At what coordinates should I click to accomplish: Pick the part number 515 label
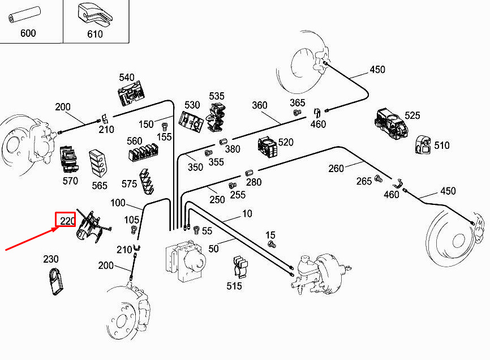click(234, 286)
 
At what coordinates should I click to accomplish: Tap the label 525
click(412, 115)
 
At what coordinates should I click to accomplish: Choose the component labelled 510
click(423, 144)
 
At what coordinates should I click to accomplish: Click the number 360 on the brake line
click(259, 106)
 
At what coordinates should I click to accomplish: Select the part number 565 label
click(99, 186)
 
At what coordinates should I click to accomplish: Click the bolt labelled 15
click(271, 245)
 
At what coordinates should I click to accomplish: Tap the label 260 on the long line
click(336, 168)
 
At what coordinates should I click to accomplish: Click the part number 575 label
click(129, 184)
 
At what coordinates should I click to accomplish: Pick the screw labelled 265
click(379, 179)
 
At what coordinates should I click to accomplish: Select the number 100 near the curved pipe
click(118, 203)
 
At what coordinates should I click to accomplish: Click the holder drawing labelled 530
click(191, 119)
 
